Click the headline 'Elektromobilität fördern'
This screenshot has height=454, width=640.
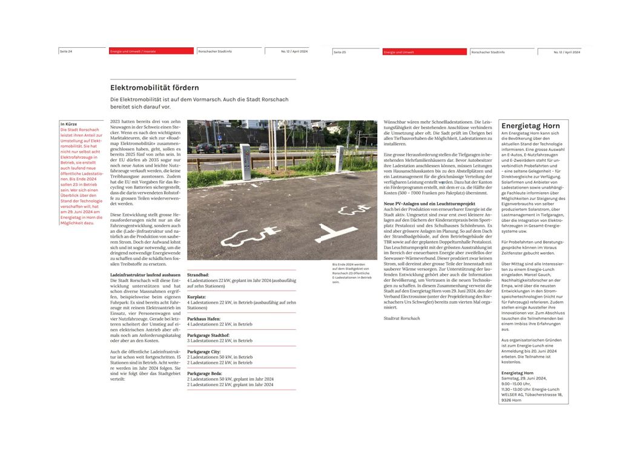(154, 88)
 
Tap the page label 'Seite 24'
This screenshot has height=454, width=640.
(66, 52)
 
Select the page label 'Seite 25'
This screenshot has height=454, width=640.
(340, 52)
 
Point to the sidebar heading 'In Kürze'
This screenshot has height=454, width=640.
(68, 124)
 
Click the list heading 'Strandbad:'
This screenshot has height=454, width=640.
(198, 275)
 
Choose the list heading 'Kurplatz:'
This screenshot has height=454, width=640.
(196, 297)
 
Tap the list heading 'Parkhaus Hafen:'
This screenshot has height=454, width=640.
(204, 319)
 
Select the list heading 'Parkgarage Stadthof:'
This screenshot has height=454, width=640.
(208, 335)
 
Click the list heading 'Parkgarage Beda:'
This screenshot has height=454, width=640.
(204, 373)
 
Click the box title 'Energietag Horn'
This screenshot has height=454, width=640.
(530, 125)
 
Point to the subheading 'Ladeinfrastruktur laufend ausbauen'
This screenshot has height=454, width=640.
(145, 275)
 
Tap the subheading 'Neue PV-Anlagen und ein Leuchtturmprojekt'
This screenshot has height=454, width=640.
(429, 204)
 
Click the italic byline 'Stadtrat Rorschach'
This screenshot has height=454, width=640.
(401, 318)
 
